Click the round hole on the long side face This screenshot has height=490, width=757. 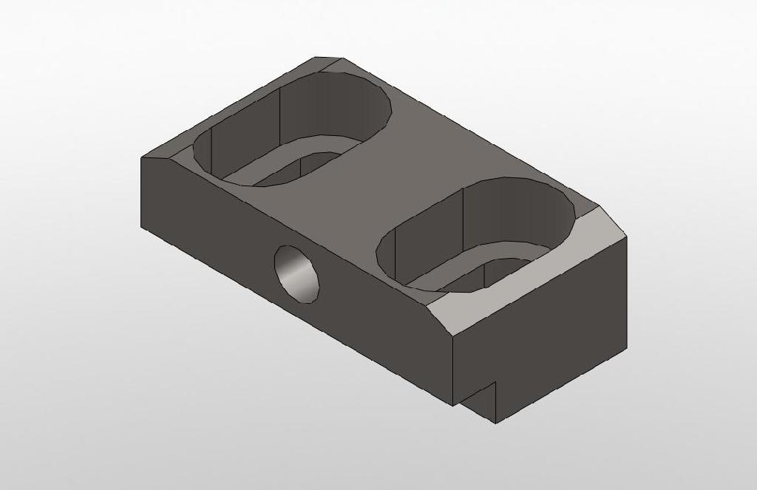point(298,273)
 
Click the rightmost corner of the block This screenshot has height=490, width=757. point(626,238)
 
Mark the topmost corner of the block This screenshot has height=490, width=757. point(316,57)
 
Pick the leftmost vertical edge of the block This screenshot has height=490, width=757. point(141,192)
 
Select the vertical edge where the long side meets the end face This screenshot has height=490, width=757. point(452,370)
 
